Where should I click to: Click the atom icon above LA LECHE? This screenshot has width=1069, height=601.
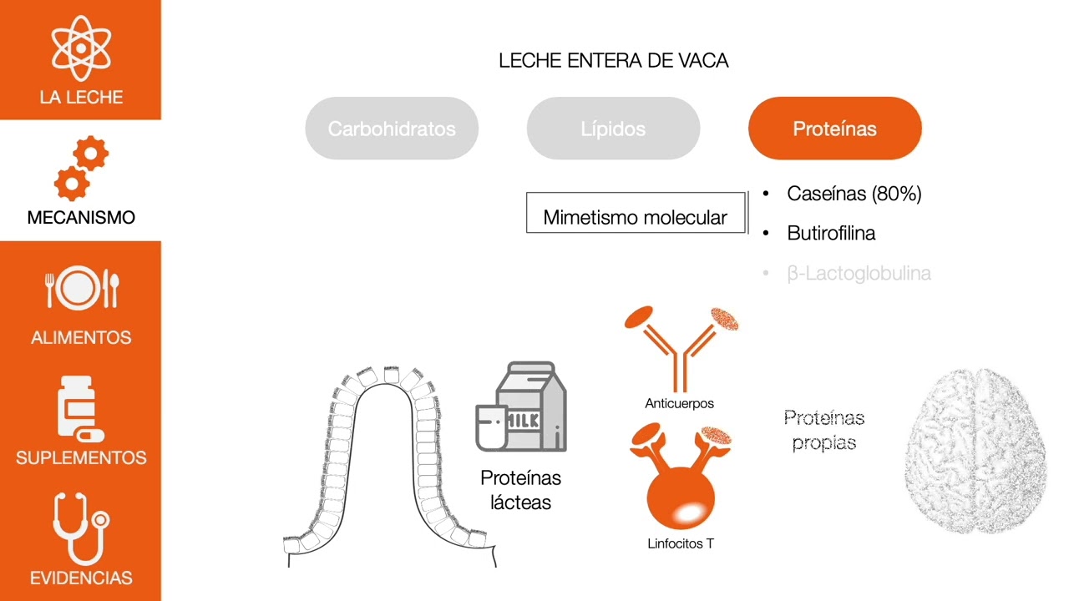(x=81, y=48)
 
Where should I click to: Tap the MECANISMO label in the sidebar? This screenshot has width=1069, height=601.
(x=81, y=217)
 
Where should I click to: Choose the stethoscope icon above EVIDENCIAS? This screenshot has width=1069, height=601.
(x=80, y=528)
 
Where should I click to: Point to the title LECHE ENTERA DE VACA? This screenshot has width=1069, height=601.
(x=613, y=61)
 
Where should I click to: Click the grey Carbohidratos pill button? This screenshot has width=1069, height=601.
(x=392, y=129)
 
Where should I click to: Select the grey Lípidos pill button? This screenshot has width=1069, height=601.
(x=613, y=129)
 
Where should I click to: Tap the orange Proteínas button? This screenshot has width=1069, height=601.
(x=834, y=129)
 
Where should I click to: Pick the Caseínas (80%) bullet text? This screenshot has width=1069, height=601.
(x=854, y=194)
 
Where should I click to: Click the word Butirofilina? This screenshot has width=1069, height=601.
(x=831, y=233)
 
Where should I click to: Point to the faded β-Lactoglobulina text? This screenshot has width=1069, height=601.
(x=859, y=273)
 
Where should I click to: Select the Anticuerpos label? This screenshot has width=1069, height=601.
(x=680, y=403)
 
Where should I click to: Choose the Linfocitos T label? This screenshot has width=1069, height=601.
(x=681, y=543)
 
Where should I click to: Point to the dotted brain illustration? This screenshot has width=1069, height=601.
(x=975, y=451)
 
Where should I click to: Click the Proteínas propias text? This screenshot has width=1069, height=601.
(x=823, y=430)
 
